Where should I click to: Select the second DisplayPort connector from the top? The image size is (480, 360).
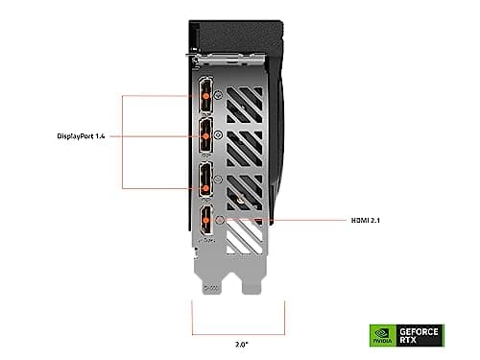pos(204,135)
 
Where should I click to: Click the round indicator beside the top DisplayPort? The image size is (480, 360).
pos(221,96)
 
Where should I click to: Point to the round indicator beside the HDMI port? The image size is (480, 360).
pos(223,220)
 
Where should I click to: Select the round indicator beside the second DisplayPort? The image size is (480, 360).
pos(221,136)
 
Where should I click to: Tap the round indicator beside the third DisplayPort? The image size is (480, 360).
pos(221,179)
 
